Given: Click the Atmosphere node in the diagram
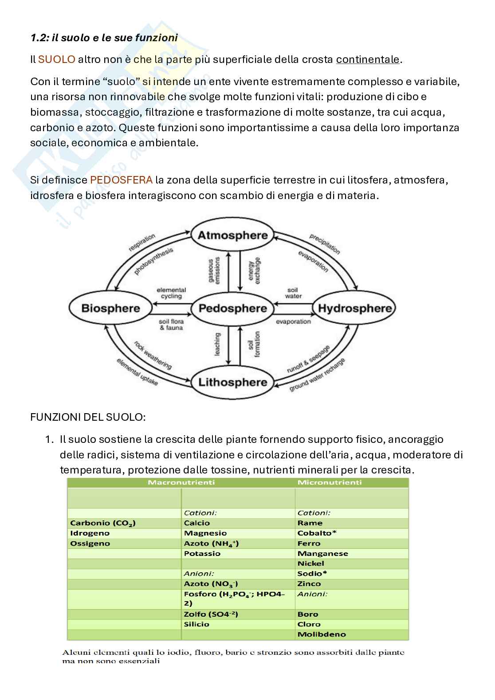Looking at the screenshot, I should tap(232, 235).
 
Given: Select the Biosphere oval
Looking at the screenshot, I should tap(110, 309).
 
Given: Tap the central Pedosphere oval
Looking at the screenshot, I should tap(233, 309).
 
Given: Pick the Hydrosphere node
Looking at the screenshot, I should tap(355, 309).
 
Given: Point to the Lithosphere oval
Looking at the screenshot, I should tap(232, 382).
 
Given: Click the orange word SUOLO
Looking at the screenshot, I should tap(57, 59).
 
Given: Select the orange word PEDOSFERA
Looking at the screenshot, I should tap(121, 180).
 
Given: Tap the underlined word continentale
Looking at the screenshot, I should tap(368, 59).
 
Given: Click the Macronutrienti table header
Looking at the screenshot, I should tap(181, 482).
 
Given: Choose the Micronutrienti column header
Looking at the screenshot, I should tap(330, 482).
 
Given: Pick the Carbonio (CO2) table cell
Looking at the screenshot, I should tap(103, 523).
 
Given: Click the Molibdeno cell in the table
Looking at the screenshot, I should tap(322, 634).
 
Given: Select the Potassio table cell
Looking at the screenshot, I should tap(202, 553).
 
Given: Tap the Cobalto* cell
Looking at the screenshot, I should tap(317, 533).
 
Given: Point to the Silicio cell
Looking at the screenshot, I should tap(196, 624).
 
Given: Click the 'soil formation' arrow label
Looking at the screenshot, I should tap(254, 344).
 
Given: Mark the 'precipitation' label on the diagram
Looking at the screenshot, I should tap(325, 244).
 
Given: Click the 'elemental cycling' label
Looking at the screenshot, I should tap(171, 293).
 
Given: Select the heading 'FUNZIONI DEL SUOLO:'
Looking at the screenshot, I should tap(88, 417).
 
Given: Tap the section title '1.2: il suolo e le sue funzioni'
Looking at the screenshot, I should tap(104, 38).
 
